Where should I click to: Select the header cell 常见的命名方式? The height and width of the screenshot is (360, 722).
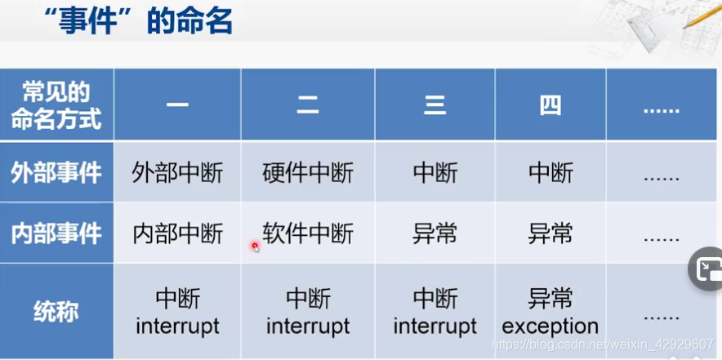coord(56,105)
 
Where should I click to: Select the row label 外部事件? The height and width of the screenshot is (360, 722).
coord(56,172)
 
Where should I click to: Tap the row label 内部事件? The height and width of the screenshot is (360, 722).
coord(56,233)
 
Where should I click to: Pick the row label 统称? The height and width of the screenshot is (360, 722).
coord(56,312)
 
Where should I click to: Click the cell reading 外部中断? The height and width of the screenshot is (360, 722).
coord(177,173)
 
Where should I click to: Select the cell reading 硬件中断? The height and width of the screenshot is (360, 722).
coord(308,173)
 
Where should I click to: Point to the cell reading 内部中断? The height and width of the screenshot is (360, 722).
coord(177,234)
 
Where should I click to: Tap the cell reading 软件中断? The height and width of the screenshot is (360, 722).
coord(308,234)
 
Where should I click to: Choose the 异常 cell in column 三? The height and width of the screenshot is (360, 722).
coord(435,234)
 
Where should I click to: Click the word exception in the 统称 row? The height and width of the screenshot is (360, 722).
coord(550,327)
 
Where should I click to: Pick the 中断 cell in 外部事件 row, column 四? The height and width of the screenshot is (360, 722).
coord(550,173)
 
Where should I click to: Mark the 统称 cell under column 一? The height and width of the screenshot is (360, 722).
coord(177,312)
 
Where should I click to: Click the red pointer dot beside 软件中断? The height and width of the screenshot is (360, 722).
coord(255,245)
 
